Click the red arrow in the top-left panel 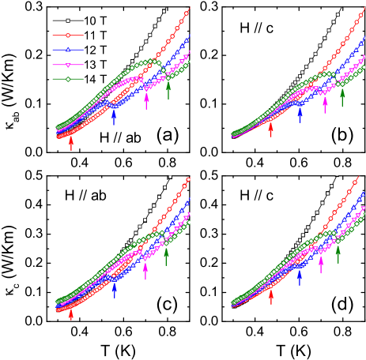coord(71,142)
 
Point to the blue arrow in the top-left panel coord(114,118)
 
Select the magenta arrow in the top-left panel coord(146,100)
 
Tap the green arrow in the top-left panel coord(168,89)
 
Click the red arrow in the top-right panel coord(270,129)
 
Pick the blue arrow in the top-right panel coord(300,115)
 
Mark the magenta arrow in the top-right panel coord(325,105)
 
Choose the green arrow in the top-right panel coord(342,97)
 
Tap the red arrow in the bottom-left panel coord(71,313)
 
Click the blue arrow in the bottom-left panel coord(114,289)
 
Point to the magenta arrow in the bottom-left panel coord(145,271)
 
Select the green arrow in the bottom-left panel coord(166,255)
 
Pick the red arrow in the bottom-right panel coord(271,296)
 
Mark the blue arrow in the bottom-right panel coord(299,276)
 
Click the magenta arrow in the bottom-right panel coord(321,264)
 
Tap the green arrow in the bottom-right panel coord(338,253)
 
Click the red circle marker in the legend coord(68,36)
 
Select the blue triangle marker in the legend coord(68,50)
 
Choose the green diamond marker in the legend coord(68,79)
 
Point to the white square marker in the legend coord(68,21)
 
